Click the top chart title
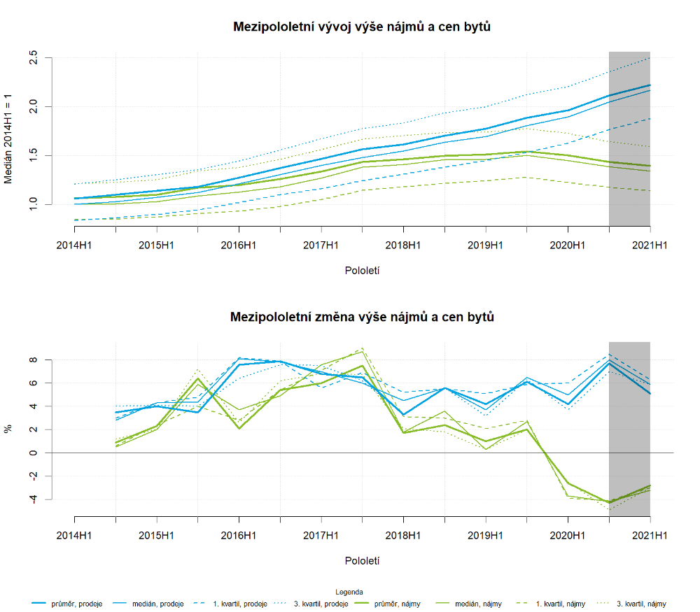tap(362, 27)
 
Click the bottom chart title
tap(362, 317)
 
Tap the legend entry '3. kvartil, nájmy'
tap(637, 604)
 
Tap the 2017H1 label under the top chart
tap(321, 245)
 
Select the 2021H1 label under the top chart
tap(650, 245)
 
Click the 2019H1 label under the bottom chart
tap(485, 536)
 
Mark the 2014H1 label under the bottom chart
tap(74, 536)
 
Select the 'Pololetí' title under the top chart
tap(362, 269)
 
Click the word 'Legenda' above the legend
tap(349, 591)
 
